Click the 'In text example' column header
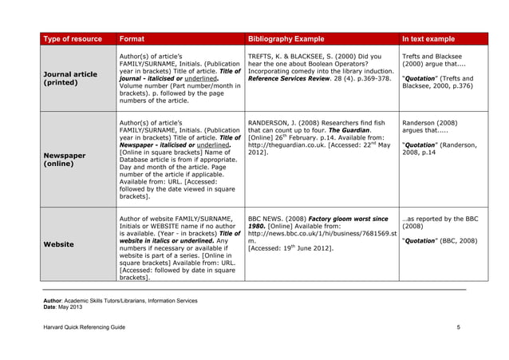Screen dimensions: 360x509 (428, 38)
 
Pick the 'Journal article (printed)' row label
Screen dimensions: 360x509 (69, 78)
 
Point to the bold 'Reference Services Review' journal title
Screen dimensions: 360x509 (295, 78)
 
